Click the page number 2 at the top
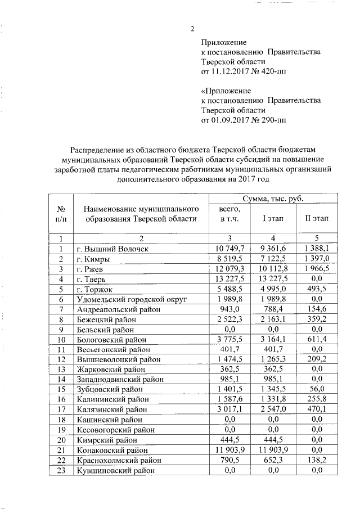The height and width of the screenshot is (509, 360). (x=192, y=30)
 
